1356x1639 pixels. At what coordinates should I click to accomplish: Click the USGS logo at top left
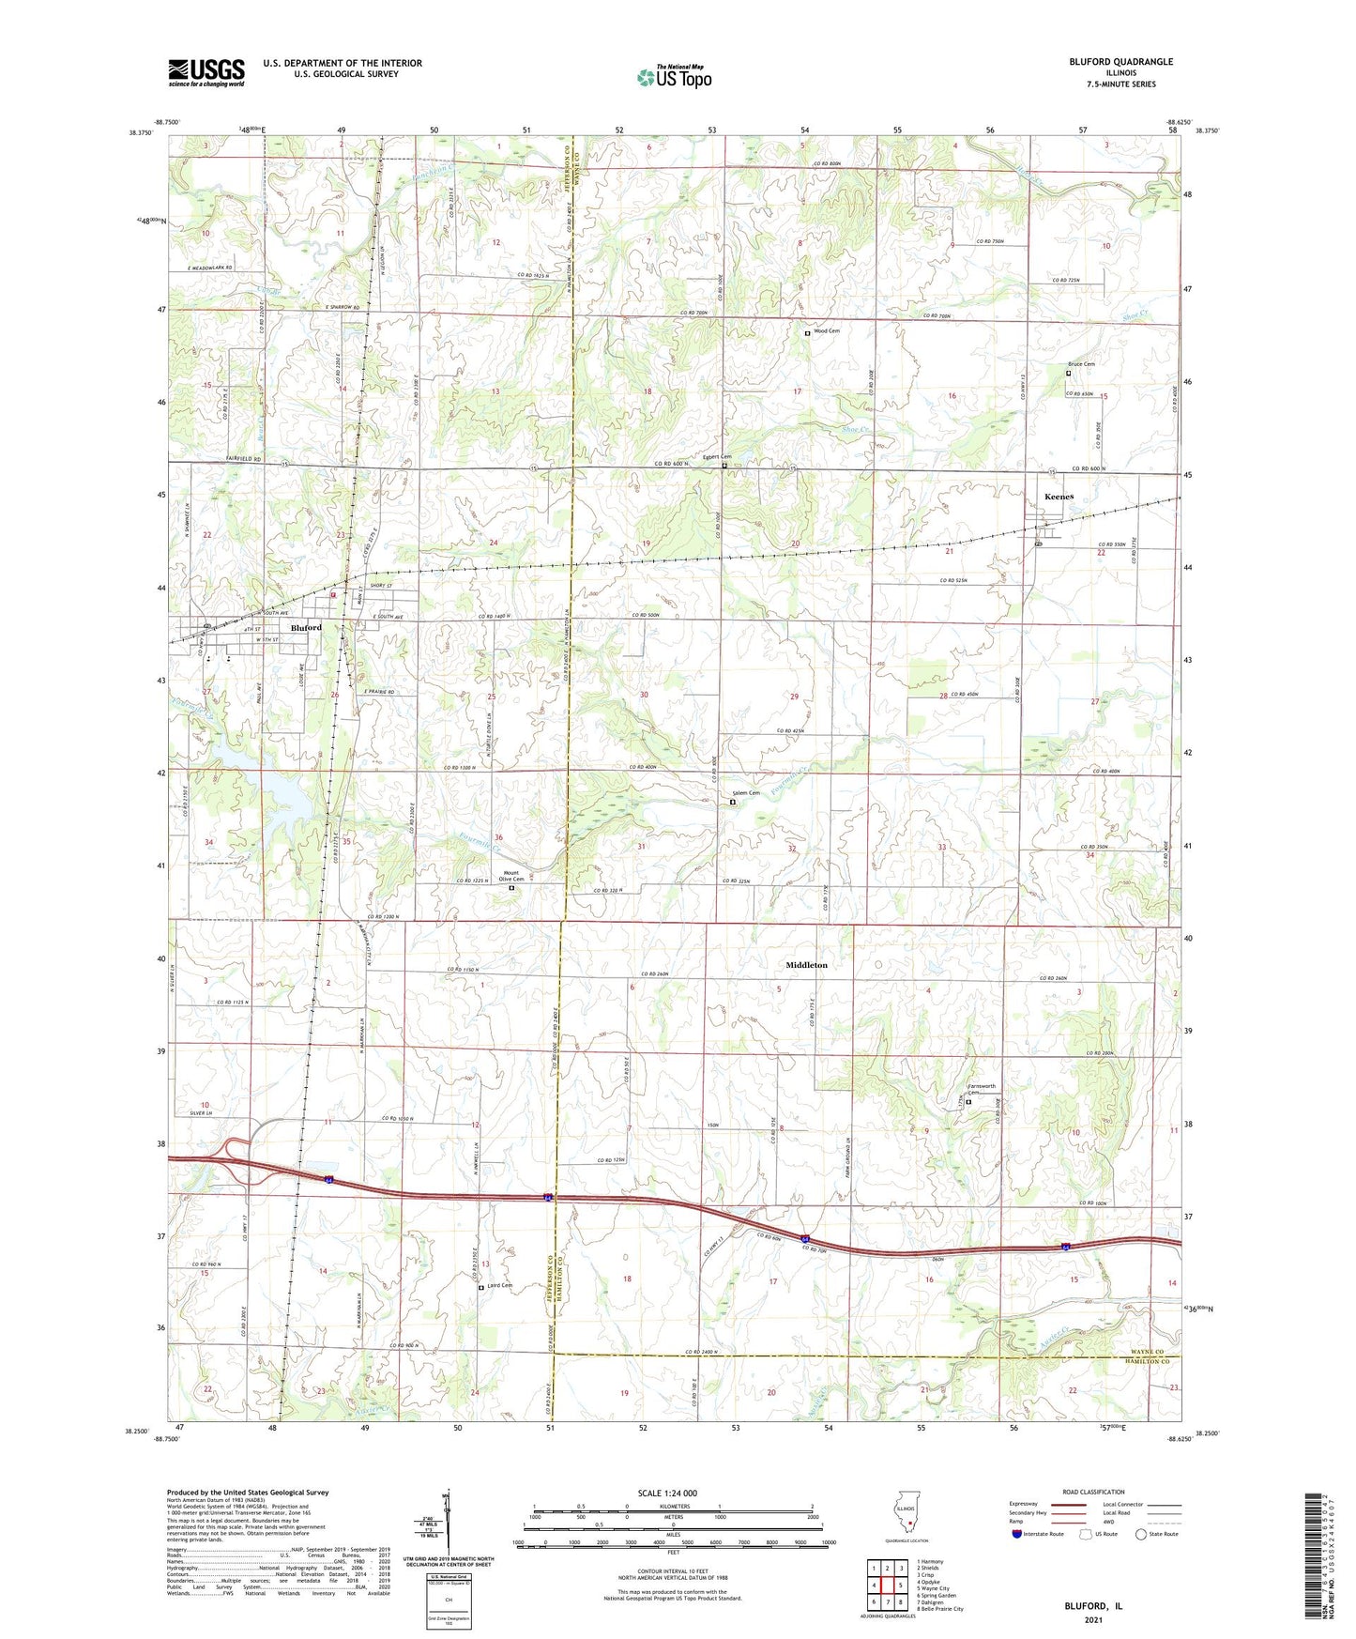(206, 72)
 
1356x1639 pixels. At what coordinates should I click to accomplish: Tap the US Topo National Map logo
(674, 76)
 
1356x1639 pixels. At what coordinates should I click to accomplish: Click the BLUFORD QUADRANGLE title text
(1120, 62)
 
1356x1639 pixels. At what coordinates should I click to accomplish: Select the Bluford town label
(306, 627)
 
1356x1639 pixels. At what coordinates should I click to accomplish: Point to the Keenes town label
(1059, 497)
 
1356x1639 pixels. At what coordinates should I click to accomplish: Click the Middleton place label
(807, 965)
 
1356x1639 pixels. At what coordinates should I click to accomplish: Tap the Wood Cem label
(827, 331)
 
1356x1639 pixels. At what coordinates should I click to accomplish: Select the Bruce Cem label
(1081, 364)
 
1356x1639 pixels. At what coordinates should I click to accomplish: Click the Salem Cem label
(746, 793)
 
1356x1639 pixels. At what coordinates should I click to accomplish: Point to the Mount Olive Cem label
(511, 877)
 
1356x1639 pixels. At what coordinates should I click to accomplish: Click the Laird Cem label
(499, 1285)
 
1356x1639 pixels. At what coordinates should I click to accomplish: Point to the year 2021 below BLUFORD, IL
(1093, 1619)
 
